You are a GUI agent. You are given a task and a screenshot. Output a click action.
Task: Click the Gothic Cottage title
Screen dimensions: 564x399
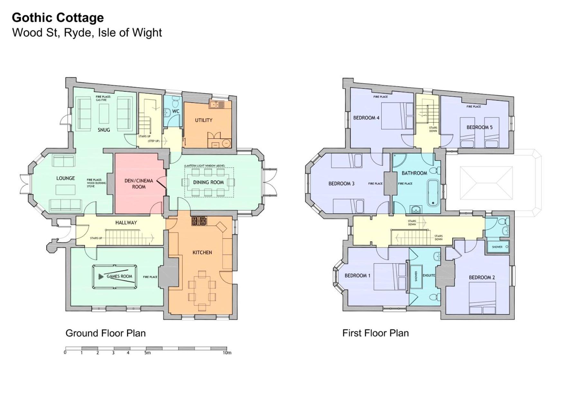click(58, 18)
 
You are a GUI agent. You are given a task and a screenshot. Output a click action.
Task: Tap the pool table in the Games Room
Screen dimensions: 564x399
click(115, 277)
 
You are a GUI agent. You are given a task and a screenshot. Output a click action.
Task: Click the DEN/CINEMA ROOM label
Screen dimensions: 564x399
click(139, 184)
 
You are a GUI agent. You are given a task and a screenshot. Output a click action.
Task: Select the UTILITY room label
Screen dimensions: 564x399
click(204, 120)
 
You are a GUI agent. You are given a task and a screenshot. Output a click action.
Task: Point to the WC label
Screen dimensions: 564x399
click(176, 111)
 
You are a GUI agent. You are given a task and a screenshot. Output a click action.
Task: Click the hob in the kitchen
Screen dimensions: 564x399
click(199, 221)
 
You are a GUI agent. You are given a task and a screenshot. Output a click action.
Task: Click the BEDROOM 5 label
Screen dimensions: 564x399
click(479, 127)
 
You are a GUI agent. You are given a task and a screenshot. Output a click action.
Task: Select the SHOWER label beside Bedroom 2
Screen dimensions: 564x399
click(497, 247)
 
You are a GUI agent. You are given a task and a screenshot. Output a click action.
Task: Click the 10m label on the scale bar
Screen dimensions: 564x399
click(227, 353)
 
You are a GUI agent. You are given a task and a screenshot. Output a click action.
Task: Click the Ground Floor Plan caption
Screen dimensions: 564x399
click(106, 333)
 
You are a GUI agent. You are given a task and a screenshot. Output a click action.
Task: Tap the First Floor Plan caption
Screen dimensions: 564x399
click(375, 333)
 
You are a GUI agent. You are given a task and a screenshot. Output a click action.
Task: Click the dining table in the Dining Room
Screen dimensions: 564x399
click(208, 182)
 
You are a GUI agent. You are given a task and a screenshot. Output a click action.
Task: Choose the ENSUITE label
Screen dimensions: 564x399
click(429, 275)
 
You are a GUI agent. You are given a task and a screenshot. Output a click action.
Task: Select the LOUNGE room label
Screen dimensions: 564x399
click(66, 178)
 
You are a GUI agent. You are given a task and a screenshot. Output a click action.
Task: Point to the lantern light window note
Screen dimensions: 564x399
click(205, 166)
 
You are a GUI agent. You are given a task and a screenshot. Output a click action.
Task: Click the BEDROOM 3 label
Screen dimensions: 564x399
click(341, 184)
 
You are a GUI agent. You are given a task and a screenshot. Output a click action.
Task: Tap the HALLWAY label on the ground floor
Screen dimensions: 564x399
click(126, 223)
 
